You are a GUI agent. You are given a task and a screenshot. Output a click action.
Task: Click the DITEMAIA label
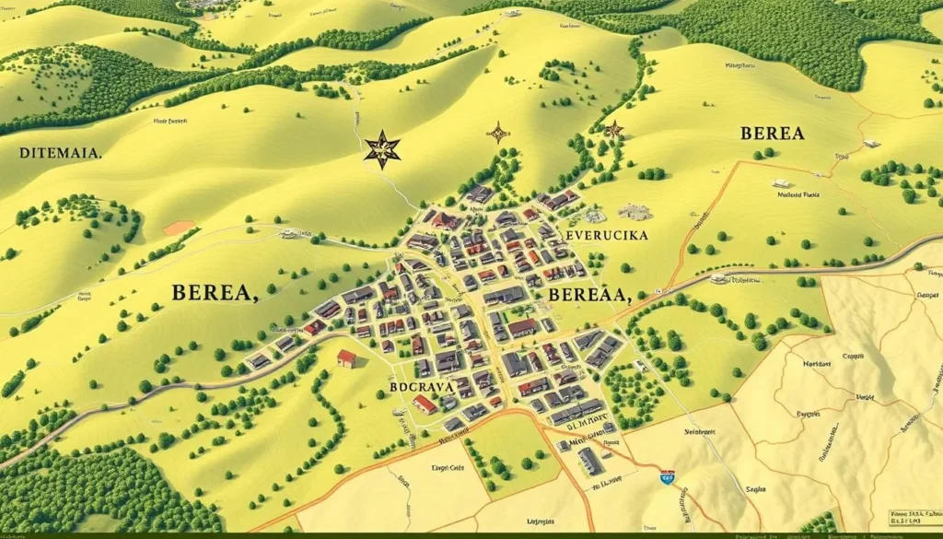coord(60,154)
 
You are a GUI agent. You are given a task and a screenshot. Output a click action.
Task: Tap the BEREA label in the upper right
coord(772,134)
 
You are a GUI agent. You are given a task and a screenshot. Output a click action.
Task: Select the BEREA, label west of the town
coord(214,294)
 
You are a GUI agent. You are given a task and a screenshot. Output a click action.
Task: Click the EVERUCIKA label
coord(607,236)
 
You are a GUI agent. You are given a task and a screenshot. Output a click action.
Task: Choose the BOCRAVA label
coord(423,388)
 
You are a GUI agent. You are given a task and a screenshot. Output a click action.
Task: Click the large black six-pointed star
coord(381,149)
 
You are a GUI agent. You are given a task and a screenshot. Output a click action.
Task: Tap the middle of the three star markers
coord(498,133)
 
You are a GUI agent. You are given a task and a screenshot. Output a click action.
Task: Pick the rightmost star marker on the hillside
coord(614,130)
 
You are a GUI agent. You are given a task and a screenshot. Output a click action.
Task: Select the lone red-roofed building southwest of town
coord(346,358)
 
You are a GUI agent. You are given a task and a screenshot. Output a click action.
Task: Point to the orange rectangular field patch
coord(179,228)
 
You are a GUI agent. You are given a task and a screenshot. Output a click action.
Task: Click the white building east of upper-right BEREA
coord(871,144)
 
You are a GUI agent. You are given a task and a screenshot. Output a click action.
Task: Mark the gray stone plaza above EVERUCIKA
coord(634,212)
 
